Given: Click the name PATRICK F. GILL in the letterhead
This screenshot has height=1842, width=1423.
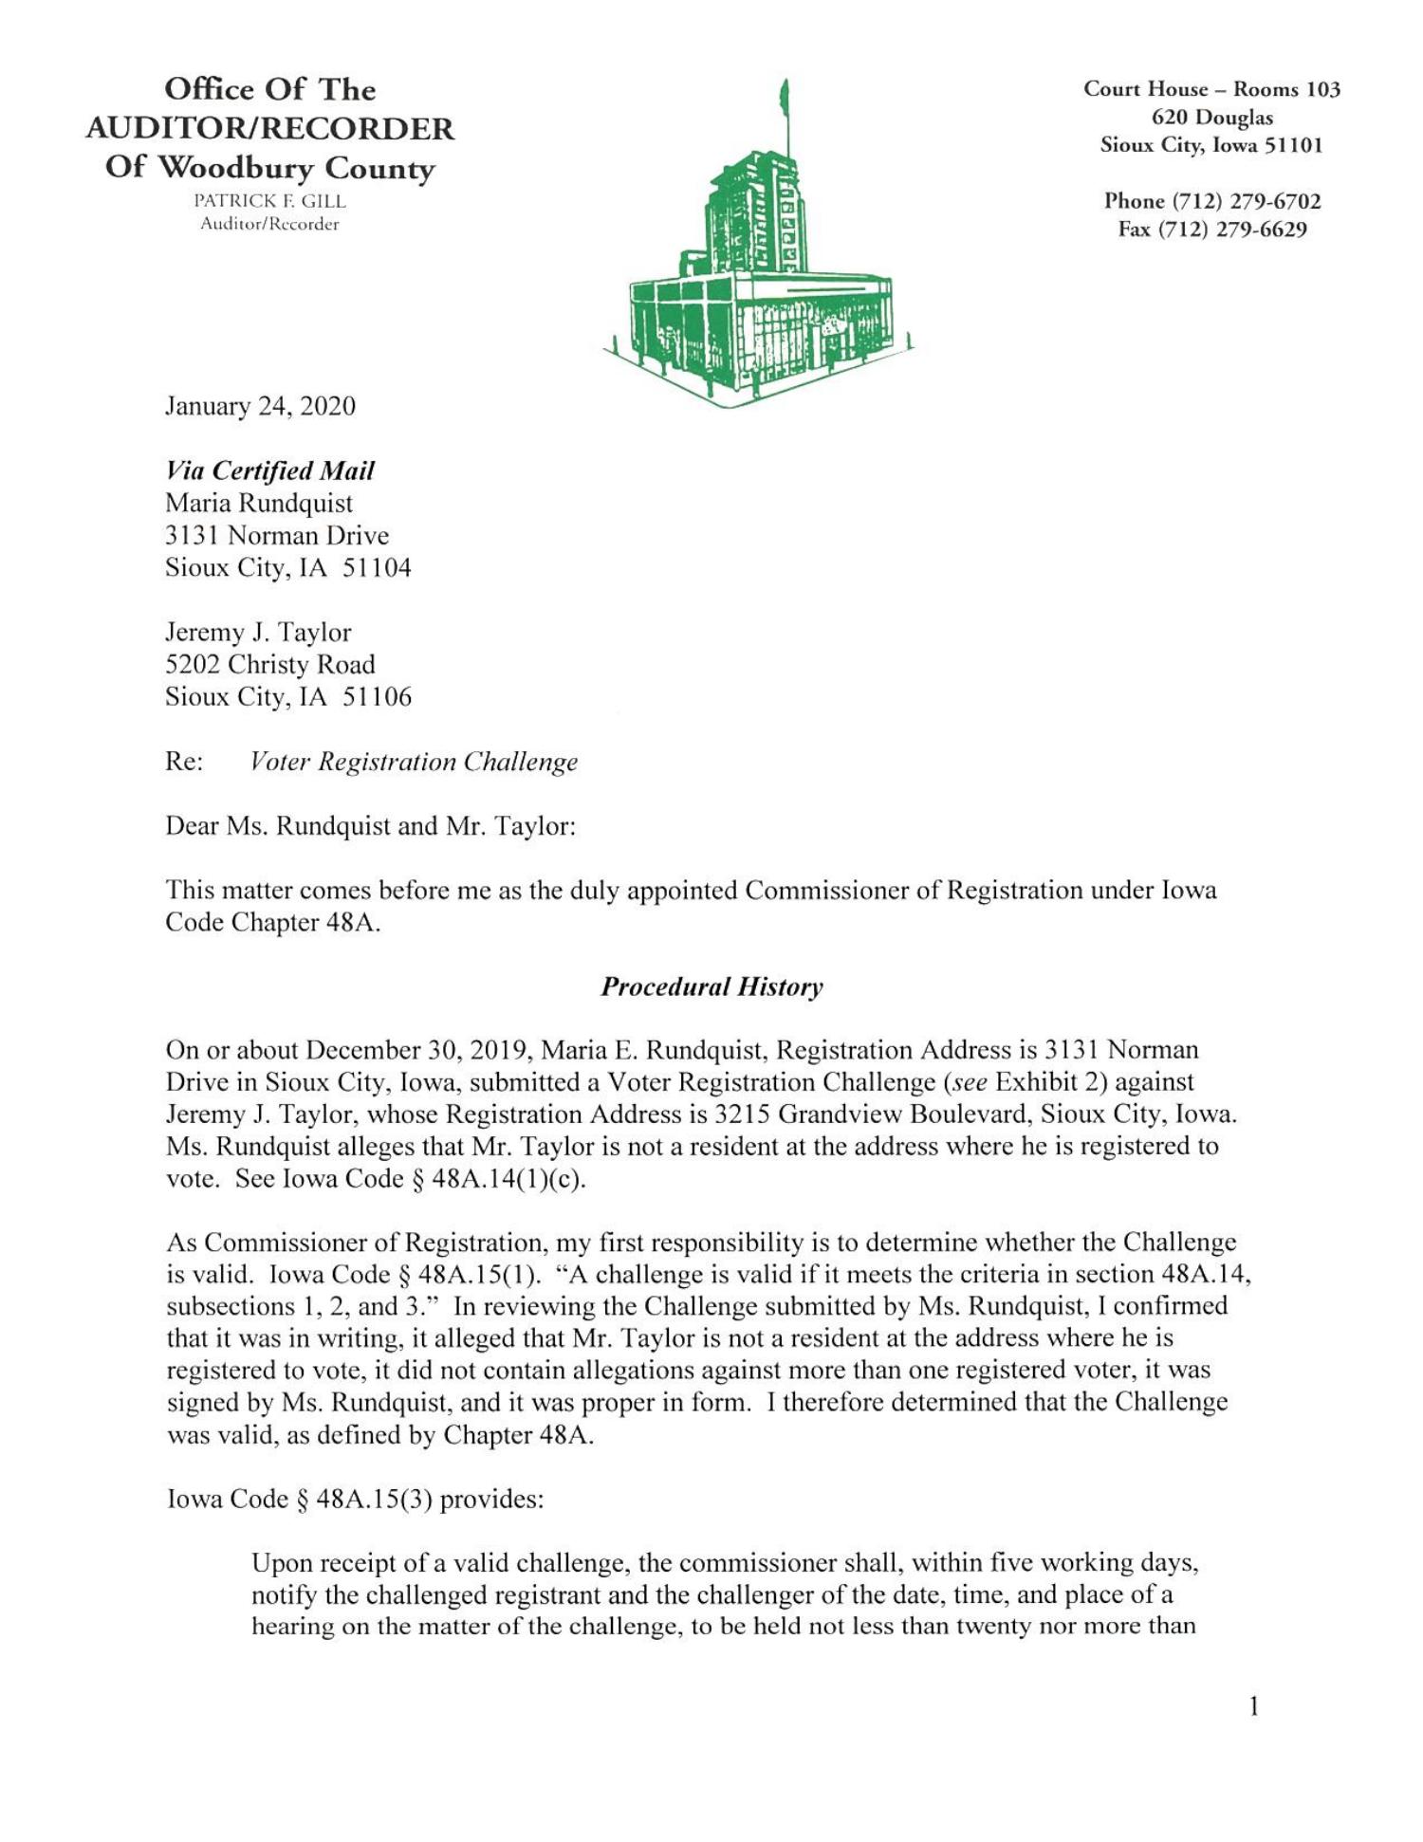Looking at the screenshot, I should pyautogui.click(x=269, y=201).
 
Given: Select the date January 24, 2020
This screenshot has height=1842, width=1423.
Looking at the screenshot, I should pyautogui.click(x=260, y=406).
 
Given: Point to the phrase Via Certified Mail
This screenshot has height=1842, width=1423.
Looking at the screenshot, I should pyautogui.click(x=269, y=470).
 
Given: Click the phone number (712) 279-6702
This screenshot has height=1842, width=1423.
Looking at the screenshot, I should pyautogui.click(x=1247, y=201).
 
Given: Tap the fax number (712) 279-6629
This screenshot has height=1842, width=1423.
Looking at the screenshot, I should pyautogui.click(x=1239, y=230).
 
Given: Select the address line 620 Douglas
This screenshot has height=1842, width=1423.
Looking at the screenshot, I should pyautogui.click(x=1211, y=118).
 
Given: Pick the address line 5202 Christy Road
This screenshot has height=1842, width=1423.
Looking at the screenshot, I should pyautogui.click(x=269, y=664).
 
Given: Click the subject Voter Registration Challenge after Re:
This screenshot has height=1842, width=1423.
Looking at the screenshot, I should pyautogui.click(x=414, y=762).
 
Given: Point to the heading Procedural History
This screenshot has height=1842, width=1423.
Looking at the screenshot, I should pyautogui.click(x=711, y=986).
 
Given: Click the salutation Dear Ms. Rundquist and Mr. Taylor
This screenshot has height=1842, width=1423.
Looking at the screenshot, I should pyautogui.click(x=370, y=826).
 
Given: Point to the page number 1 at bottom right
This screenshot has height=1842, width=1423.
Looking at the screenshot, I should pyautogui.click(x=1253, y=1707).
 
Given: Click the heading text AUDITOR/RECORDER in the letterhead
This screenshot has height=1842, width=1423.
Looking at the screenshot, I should pyautogui.click(x=269, y=128).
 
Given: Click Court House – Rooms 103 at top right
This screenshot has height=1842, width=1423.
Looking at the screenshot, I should pyautogui.click(x=1211, y=89).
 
